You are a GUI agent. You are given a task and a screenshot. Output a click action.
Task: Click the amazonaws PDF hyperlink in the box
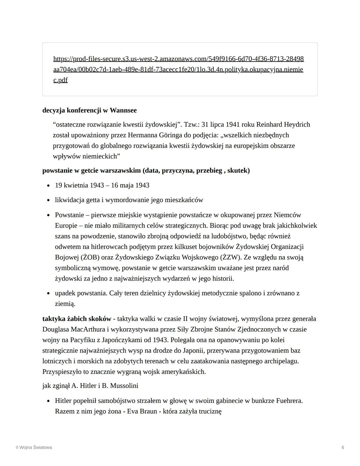point(178,69)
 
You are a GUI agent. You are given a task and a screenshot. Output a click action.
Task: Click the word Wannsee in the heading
point(123,110)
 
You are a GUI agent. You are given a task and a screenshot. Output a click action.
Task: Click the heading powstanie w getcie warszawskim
point(92,171)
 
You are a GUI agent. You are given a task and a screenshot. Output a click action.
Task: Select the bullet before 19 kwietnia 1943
point(49,185)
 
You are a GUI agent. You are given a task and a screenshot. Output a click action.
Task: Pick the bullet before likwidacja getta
point(49,200)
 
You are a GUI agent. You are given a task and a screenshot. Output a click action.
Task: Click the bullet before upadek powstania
point(49,293)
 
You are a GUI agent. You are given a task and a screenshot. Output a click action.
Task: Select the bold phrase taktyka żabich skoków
point(77,319)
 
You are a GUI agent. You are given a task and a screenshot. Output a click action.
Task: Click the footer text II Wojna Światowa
point(34,447)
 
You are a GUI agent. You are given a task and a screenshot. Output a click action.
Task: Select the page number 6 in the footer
point(343,447)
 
